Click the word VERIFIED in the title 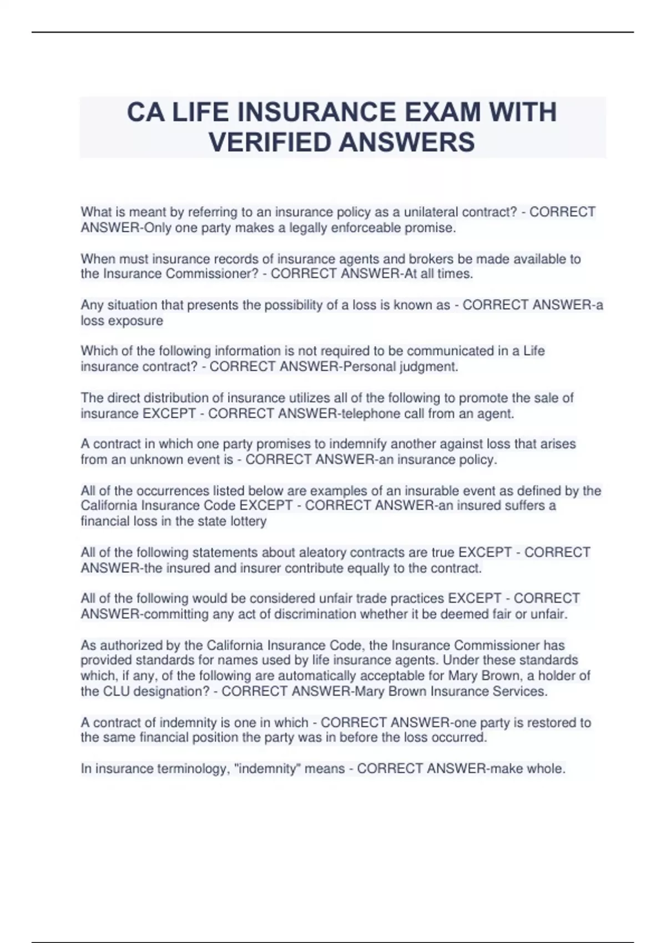coord(270,142)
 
